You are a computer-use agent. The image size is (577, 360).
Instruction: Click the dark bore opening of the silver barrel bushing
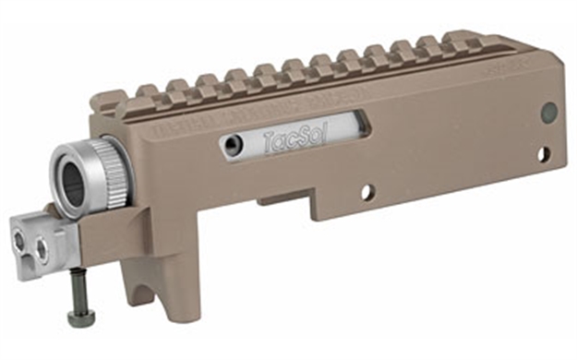pos(75,179)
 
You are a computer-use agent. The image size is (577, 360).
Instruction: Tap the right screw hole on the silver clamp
pos(41,248)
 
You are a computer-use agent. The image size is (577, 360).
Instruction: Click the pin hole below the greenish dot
pos(543,154)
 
